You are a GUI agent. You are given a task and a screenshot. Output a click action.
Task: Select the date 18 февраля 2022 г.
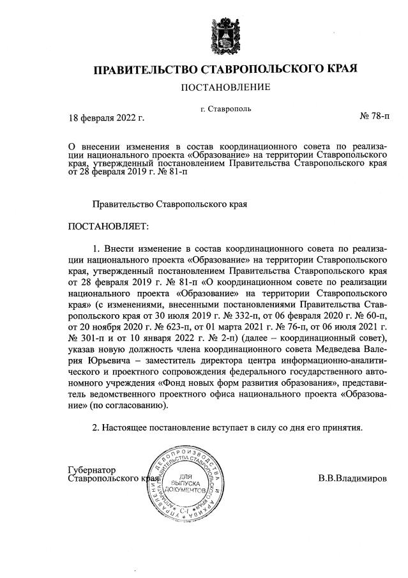[107, 118]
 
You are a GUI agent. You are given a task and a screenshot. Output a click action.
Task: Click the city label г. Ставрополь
[225, 109]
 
